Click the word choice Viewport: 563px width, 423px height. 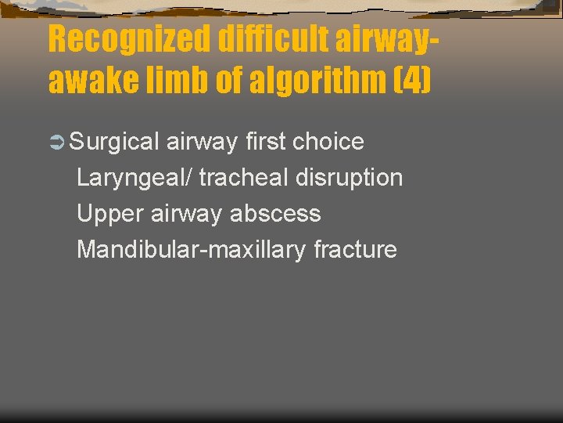click(x=328, y=142)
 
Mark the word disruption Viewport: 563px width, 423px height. click(x=350, y=178)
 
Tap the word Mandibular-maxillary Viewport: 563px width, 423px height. click(x=192, y=250)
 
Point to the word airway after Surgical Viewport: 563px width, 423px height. click(x=202, y=142)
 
